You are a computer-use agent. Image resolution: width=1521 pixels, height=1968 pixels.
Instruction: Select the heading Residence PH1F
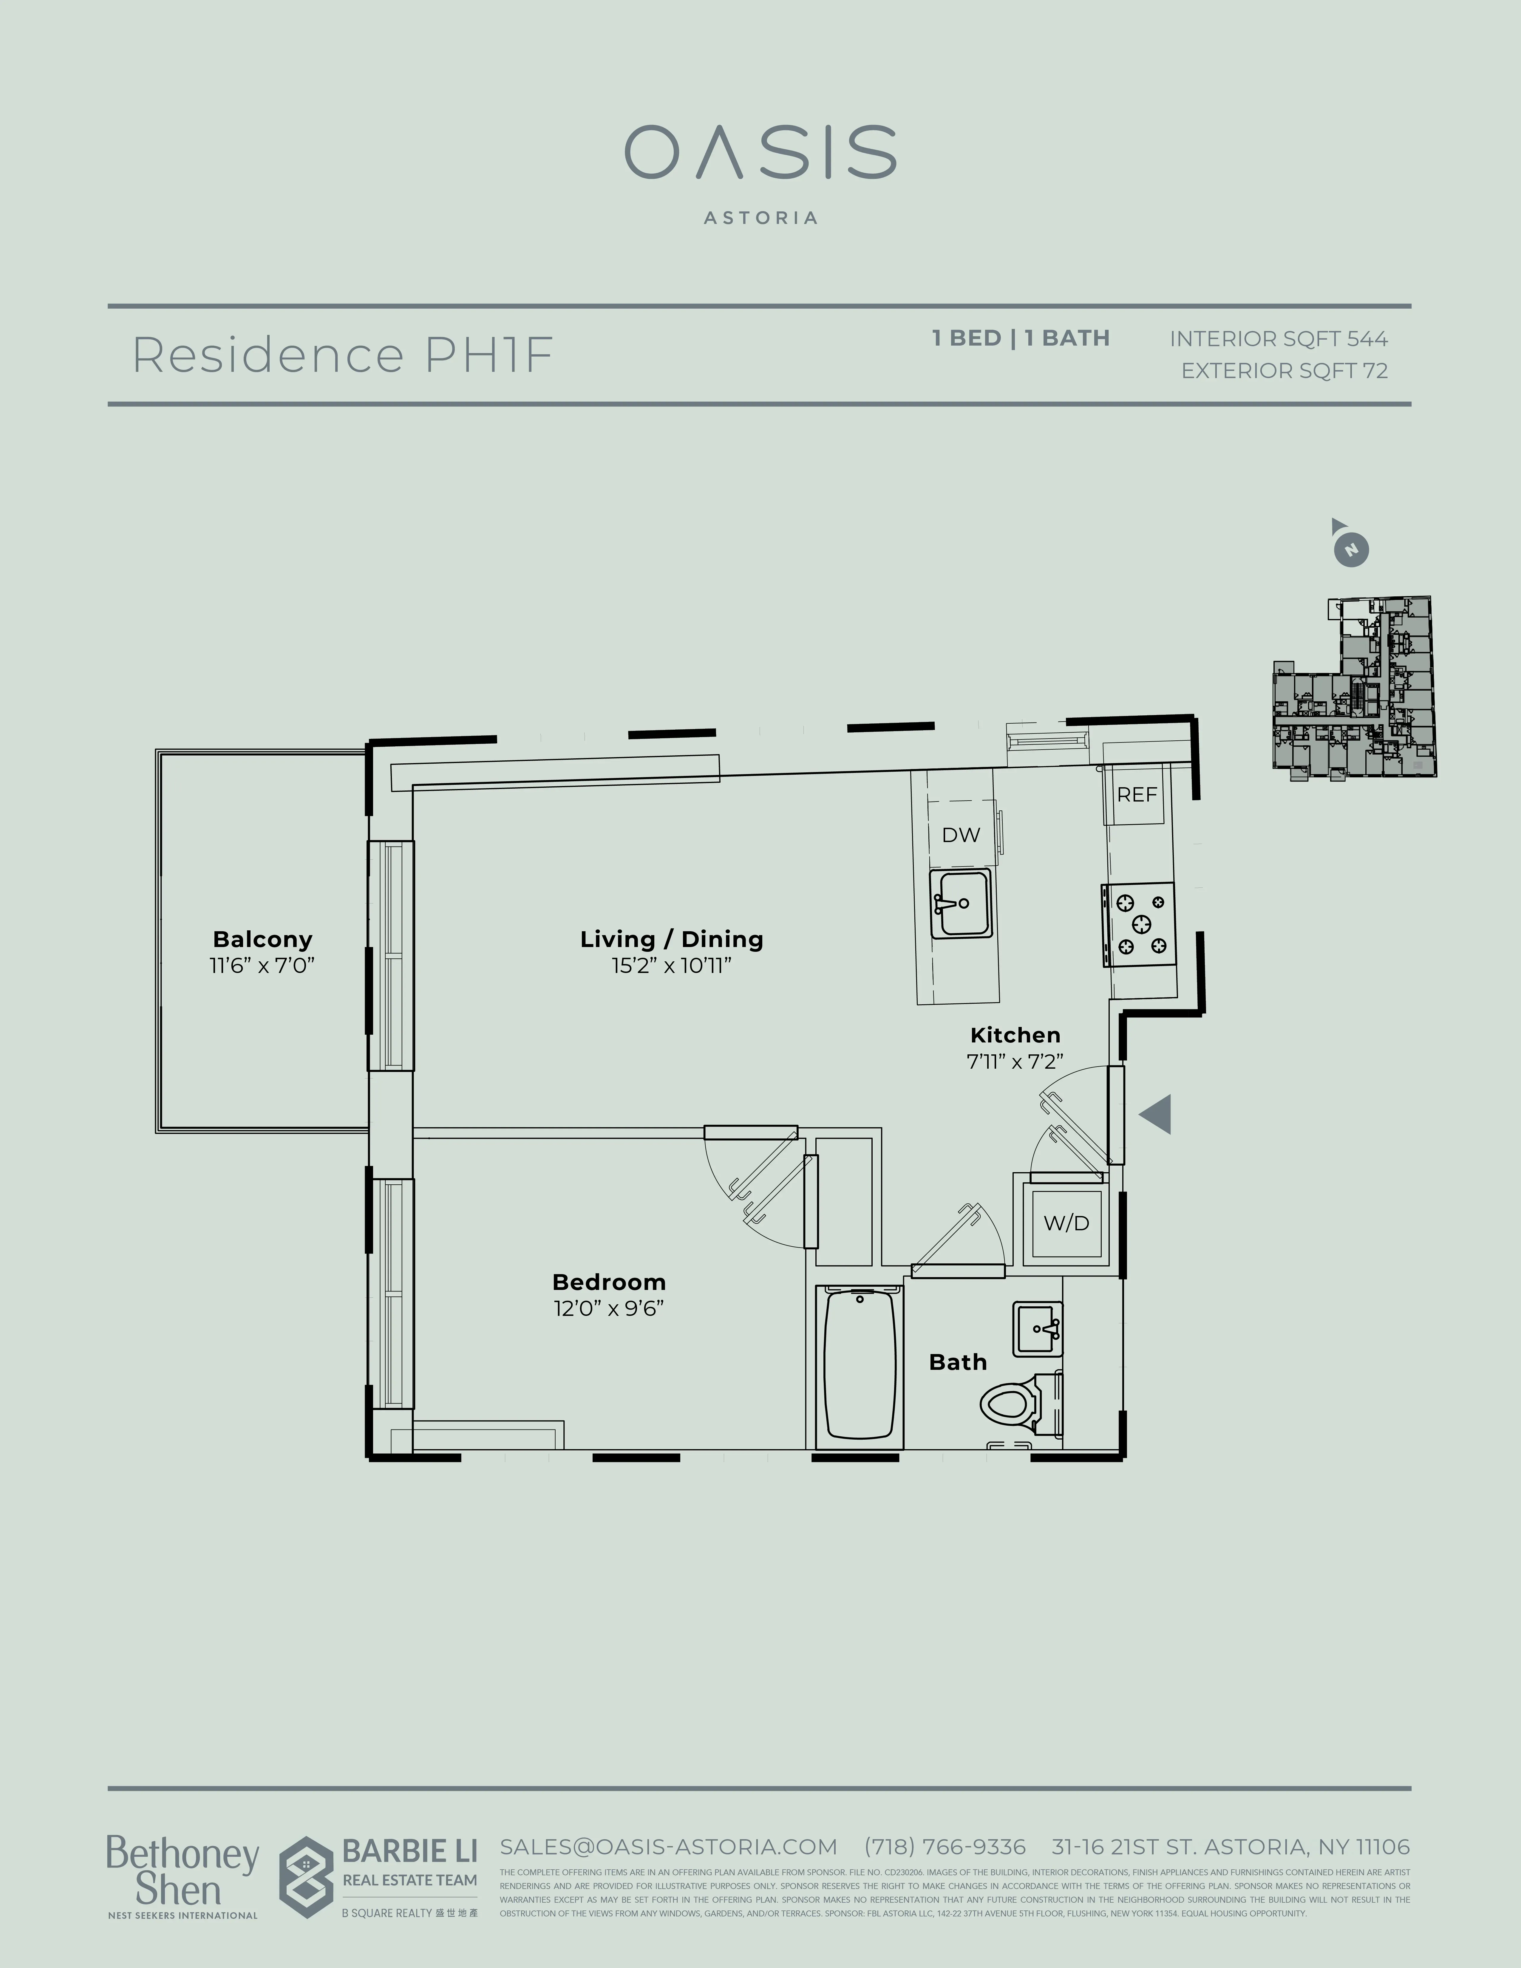pos(342,355)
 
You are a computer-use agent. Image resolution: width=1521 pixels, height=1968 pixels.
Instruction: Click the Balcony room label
pos(262,939)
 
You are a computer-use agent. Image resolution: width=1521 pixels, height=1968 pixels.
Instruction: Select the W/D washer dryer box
pos(1066,1223)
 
